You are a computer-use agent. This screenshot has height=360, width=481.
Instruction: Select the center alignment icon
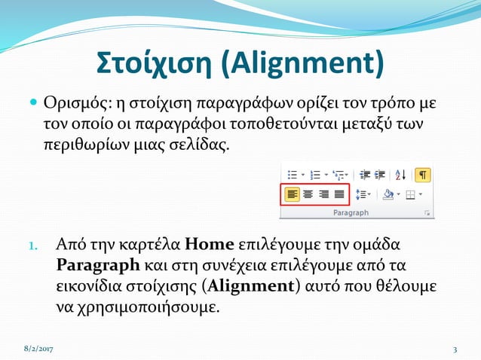tap(308, 194)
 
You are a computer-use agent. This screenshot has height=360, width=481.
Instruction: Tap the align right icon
tap(323, 194)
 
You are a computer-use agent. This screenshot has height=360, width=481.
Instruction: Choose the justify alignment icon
tap(339, 194)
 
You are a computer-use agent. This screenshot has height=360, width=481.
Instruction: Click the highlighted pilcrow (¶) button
tap(423, 175)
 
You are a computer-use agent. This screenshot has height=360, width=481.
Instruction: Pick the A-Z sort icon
tap(400, 175)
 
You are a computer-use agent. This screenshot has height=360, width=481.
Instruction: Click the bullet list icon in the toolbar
tap(293, 175)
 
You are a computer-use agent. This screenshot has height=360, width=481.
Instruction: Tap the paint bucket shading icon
tap(388, 194)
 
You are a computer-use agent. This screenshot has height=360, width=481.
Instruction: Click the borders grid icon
tap(411, 194)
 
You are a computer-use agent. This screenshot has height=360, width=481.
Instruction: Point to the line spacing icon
tap(361, 194)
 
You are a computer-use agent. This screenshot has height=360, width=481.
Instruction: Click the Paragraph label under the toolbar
tap(351, 213)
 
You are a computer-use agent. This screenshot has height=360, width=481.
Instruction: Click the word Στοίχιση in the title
tap(155, 64)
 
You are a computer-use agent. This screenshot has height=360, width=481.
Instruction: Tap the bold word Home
tap(210, 245)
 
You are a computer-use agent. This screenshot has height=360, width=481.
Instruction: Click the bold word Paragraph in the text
tap(98, 265)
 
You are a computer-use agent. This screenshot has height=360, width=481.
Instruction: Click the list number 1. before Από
tap(33, 246)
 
